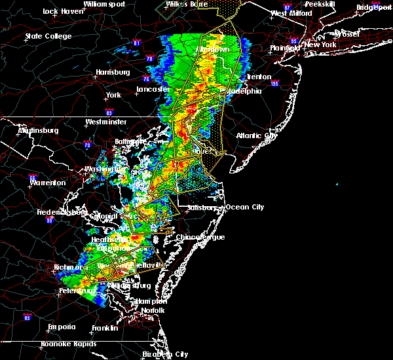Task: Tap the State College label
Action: point(48,36)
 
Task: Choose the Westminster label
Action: point(105,122)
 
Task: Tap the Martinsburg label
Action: point(37,130)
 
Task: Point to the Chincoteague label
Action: point(201,237)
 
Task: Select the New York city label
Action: point(320,45)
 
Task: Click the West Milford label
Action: point(289,13)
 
